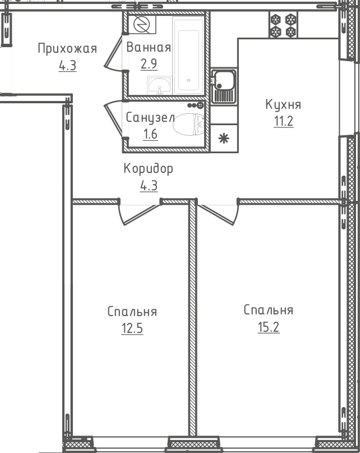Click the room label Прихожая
point(67,49)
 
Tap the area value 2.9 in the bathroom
point(149,64)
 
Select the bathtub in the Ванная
point(188,55)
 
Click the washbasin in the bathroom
point(159,85)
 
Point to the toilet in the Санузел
point(188,125)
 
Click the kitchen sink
point(224,86)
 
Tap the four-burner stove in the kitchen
point(283,25)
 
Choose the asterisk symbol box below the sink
point(224,139)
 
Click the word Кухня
point(283,104)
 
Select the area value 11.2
point(284,121)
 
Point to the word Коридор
point(149,168)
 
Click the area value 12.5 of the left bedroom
point(132,328)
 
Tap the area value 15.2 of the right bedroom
point(269,327)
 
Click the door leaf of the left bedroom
point(141,214)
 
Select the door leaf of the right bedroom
point(216,214)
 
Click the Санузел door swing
point(113,119)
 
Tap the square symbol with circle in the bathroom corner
point(142,24)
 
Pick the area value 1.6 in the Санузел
point(150,134)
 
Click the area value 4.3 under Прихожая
point(67,65)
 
